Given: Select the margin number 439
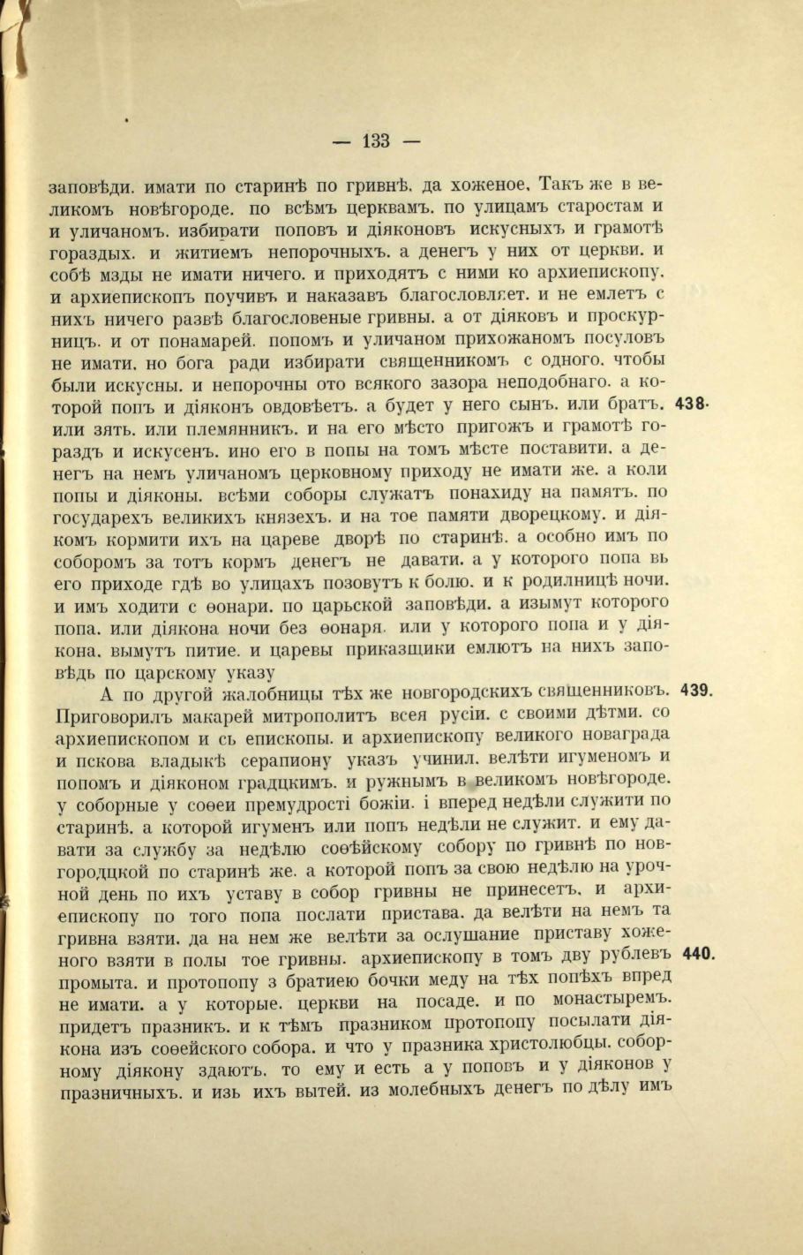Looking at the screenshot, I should [x=696, y=691].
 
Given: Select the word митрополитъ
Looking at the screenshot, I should [x=306, y=714].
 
